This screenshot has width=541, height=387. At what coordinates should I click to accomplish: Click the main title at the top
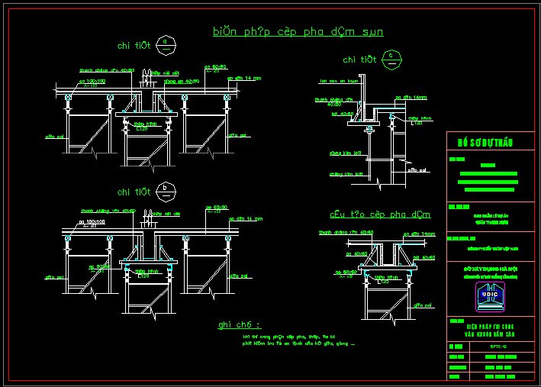click(x=298, y=31)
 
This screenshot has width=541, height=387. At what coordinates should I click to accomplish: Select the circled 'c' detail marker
click(x=391, y=57)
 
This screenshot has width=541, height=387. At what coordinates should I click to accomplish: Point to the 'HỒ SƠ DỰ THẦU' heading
click(x=485, y=143)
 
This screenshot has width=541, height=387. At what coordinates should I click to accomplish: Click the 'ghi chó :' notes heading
click(x=239, y=324)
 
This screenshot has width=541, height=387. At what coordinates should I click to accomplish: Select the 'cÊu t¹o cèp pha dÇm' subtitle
click(x=379, y=214)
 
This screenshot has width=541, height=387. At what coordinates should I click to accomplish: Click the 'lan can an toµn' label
click(x=339, y=81)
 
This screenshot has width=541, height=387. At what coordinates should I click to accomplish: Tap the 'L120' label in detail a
click(x=142, y=129)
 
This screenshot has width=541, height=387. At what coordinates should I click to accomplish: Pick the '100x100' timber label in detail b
click(x=91, y=221)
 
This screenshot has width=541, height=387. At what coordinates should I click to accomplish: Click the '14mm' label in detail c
click(x=413, y=98)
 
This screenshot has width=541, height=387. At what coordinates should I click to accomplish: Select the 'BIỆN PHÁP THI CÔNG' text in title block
click(x=485, y=325)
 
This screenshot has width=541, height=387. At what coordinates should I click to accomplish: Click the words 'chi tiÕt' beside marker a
click(x=134, y=46)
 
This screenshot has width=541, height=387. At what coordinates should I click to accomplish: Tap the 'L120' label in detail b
click(x=142, y=274)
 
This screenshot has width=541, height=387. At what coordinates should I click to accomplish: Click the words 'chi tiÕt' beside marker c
click(x=359, y=59)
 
